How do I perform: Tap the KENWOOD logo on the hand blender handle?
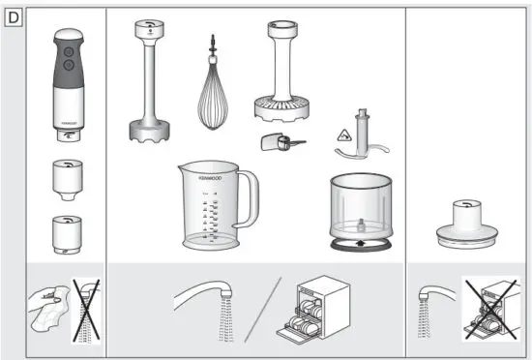pyautogui.click(x=66, y=124)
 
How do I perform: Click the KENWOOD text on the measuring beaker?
pyautogui.click(x=202, y=179)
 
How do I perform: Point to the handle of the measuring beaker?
pyautogui.click(x=250, y=196)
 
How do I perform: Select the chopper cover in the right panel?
pyautogui.click(x=462, y=222)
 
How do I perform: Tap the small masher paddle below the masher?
pyautogui.click(x=280, y=143)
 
